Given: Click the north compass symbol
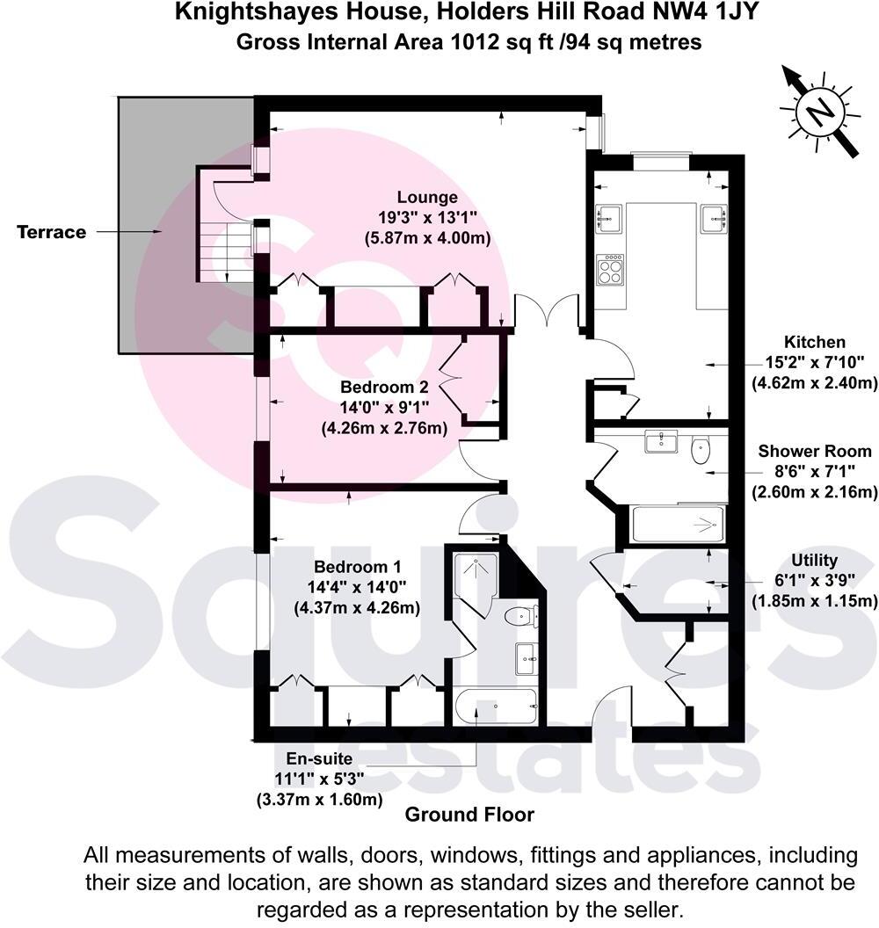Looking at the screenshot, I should click(x=818, y=112).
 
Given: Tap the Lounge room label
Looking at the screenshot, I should click(x=426, y=198).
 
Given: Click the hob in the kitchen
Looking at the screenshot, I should click(x=610, y=269).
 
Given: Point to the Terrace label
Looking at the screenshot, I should click(x=52, y=232).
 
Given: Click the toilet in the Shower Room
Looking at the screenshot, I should click(x=701, y=450).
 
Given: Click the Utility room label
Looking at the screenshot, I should click(x=814, y=560).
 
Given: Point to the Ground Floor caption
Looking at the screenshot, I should click(x=469, y=815).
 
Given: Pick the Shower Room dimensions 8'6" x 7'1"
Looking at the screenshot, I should click(x=815, y=472).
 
